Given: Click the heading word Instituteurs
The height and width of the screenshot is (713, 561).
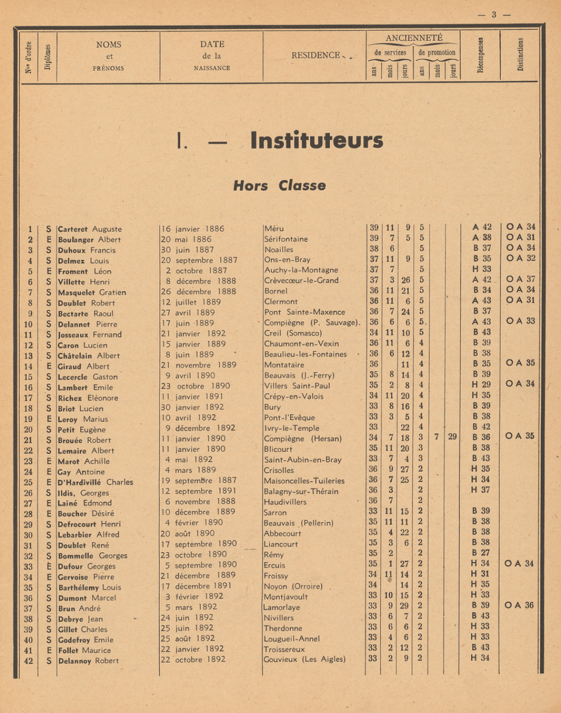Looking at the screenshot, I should pos(316,140).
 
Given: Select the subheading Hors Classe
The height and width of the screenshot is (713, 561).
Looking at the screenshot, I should pos(279,186).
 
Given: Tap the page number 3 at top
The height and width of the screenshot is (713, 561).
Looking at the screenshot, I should pos(494,15).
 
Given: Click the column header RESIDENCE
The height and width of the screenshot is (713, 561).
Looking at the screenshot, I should pos(316,55).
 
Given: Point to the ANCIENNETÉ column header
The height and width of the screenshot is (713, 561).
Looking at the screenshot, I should pos(413,38).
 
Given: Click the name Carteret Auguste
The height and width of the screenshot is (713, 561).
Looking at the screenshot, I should pos(90,229).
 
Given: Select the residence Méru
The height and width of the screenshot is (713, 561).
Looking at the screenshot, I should pos(274,228).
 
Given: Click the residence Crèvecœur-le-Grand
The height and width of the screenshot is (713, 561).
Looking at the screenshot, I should pos(301,280).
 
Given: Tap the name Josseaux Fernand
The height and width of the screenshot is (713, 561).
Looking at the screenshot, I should pos(90,334).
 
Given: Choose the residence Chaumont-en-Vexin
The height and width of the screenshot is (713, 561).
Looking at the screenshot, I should pos(301,344).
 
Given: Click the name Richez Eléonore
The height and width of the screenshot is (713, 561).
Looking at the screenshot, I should pos(88,398).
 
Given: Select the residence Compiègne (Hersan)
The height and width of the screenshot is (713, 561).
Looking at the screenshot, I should pos(302,439).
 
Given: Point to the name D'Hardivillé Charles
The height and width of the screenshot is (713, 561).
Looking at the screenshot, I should pos(95,482).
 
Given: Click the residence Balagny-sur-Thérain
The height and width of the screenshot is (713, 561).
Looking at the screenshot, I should pos(301,491).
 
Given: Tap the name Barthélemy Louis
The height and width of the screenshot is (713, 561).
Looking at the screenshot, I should pos(90,587).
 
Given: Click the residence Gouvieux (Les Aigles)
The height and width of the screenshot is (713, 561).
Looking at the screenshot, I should pos(305,659).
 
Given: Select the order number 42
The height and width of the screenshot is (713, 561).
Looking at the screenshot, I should pos(28,661).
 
